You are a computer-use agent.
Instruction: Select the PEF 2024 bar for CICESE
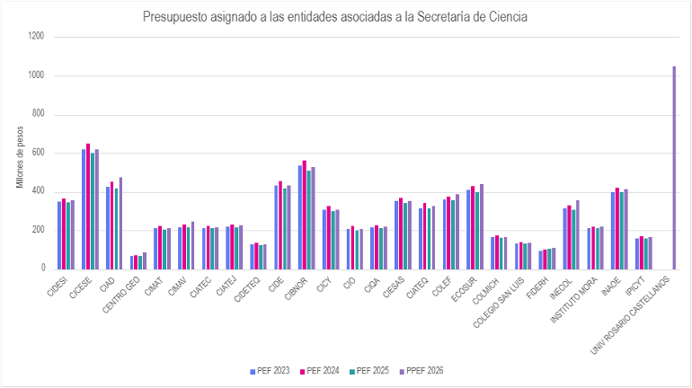pos(88,207)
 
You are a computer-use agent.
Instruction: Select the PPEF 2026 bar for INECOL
pos(578,234)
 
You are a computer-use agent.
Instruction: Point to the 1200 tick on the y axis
pos(37,37)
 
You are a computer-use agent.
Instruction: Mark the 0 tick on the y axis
pos(42,269)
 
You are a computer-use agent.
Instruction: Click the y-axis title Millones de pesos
pos(20,157)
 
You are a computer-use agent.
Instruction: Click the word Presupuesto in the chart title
pos(173,16)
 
